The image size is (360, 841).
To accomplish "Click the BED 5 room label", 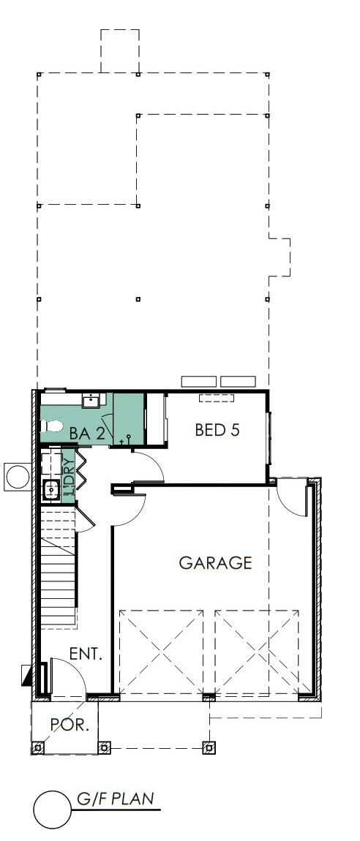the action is [217, 430].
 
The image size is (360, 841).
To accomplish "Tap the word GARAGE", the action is [215, 562].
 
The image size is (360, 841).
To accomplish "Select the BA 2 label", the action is [86, 434].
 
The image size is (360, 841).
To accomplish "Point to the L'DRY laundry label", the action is [69, 476].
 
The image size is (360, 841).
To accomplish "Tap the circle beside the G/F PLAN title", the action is [53, 810].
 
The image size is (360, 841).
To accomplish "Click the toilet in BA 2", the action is [51, 426].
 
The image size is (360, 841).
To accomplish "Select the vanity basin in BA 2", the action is [90, 401].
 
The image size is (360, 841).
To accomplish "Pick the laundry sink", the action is [51, 489].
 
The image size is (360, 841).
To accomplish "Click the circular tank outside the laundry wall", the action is [18, 476].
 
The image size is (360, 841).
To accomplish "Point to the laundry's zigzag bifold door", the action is [81, 469].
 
